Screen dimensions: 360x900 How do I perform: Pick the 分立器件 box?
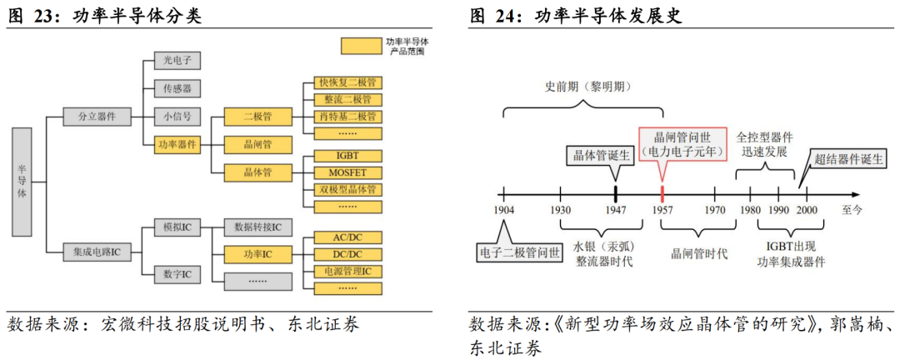[x=97, y=117]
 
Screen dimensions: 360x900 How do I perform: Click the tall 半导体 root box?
[x=22, y=180]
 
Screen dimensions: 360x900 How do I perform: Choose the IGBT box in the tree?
[x=347, y=156]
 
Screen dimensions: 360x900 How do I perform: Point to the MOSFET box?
[x=347, y=172]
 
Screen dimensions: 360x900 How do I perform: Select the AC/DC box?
[x=347, y=237]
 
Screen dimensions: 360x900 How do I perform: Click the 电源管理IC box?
[x=347, y=272]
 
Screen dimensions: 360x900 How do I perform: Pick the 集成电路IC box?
[x=97, y=250]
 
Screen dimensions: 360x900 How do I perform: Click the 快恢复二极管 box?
[x=347, y=82]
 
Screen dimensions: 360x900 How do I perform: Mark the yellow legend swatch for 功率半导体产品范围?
[x=362, y=45]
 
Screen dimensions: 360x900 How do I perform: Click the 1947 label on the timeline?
[x=615, y=210]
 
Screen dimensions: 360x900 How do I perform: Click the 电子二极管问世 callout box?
[x=519, y=251]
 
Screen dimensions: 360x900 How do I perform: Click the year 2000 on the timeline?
[x=807, y=210]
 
